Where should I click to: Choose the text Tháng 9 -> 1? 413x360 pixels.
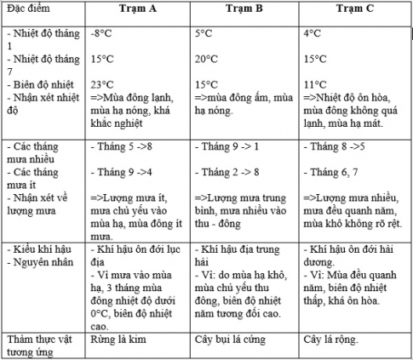point(231,147)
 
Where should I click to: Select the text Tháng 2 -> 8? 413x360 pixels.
point(231,173)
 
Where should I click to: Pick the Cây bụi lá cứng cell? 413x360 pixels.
point(234,340)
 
